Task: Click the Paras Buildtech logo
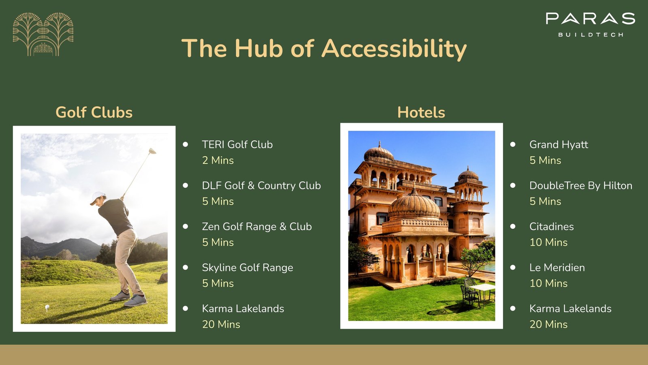(590, 25)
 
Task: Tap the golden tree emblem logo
(43, 34)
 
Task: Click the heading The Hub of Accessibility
(324, 48)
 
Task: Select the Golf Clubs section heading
(94, 112)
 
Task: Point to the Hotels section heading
(421, 112)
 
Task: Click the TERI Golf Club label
(237, 144)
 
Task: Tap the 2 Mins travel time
(218, 160)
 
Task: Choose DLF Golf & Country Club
(261, 186)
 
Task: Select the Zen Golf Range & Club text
(257, 227)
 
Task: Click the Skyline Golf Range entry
(247, 268)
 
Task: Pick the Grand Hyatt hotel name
(558, 145)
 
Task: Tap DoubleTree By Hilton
(581, 186)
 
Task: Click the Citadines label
(551, 227)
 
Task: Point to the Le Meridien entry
(557, 268)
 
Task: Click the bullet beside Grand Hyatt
(513, 144)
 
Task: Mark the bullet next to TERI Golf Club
(185, 144)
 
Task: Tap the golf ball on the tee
(47, 307)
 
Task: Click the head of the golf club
(152, 151)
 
